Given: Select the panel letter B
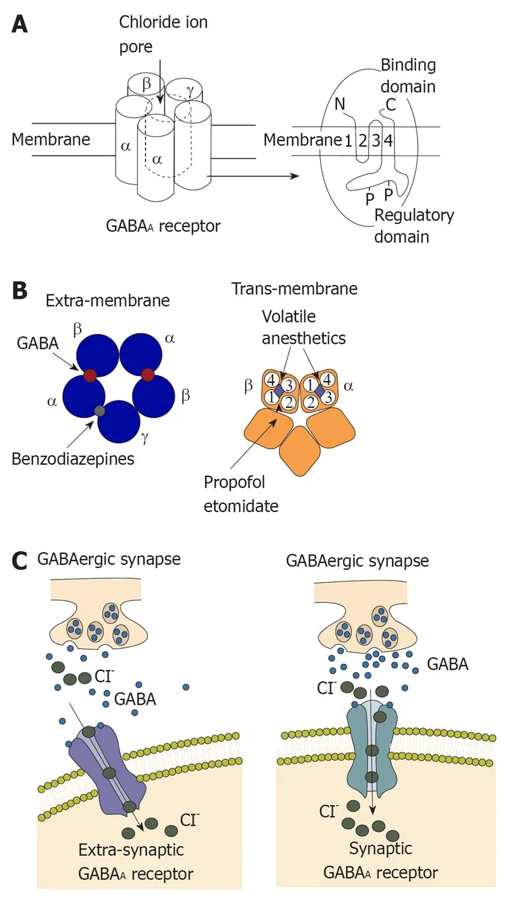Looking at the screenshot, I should (x=20, y=293).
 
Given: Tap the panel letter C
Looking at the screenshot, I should (x=20, y=562).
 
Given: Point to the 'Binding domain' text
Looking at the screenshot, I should (x=408, y=75).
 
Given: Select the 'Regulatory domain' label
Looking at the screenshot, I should (x=413, y=226).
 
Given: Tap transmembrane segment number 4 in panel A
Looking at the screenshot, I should (x=388, y=141).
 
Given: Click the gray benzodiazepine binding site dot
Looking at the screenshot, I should (x=98, y=411).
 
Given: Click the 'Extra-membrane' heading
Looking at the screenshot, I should (x=107, y=300).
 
